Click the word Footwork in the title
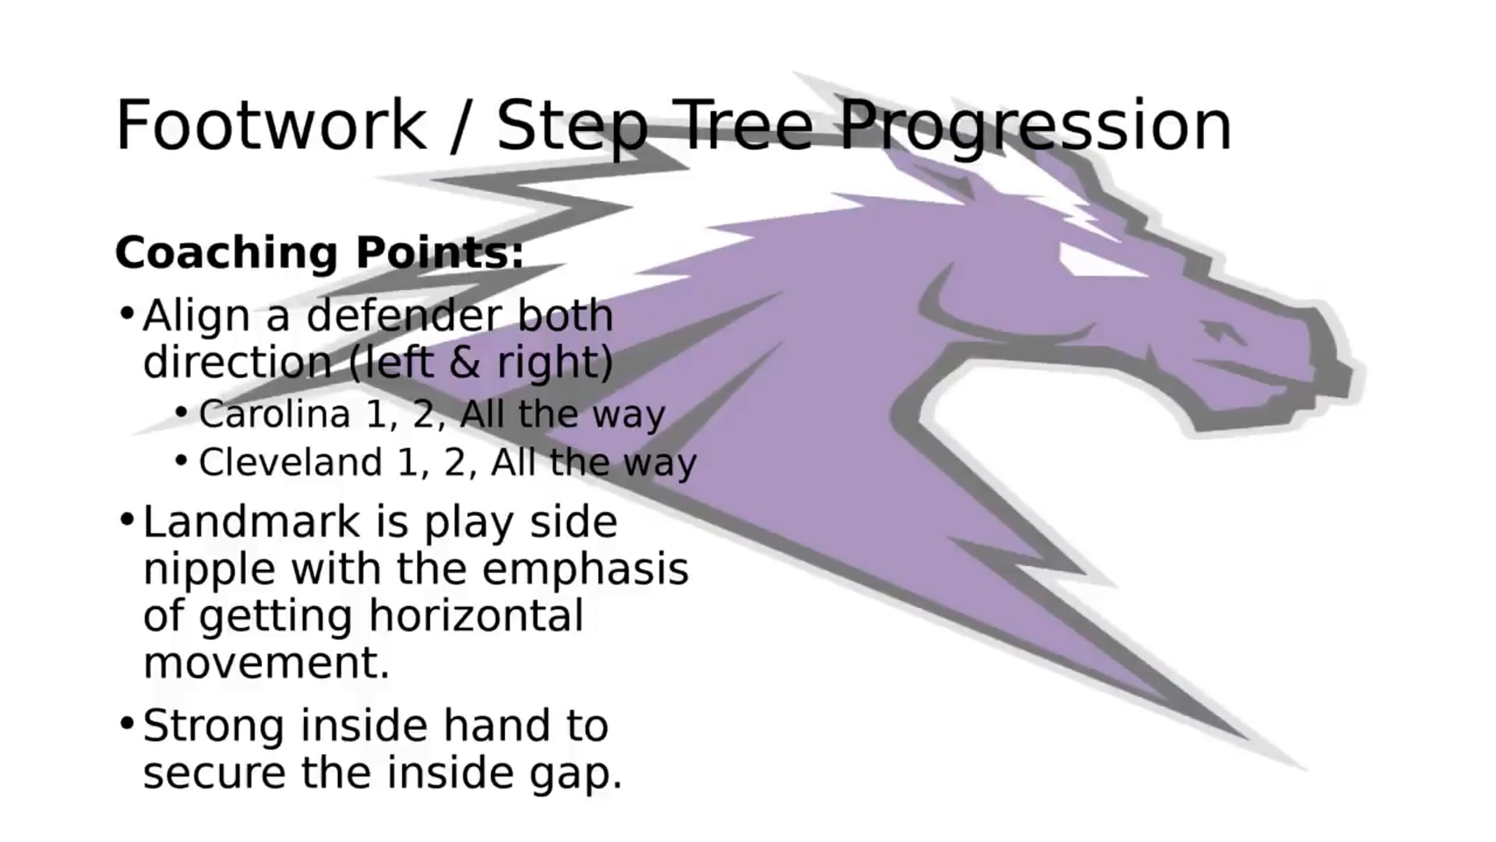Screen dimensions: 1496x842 point(271,125)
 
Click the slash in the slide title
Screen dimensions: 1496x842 point(461,127)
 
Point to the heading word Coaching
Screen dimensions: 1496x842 point(227,253)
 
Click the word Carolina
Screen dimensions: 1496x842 point(274,414)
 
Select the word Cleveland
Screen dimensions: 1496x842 point(290,462)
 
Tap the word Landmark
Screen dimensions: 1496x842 point(251,522)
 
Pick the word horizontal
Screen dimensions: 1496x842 point(476,615)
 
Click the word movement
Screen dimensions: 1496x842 point(266,663)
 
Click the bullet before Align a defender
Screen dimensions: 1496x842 point(127,314)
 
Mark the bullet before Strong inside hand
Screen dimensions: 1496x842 point(127,723)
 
